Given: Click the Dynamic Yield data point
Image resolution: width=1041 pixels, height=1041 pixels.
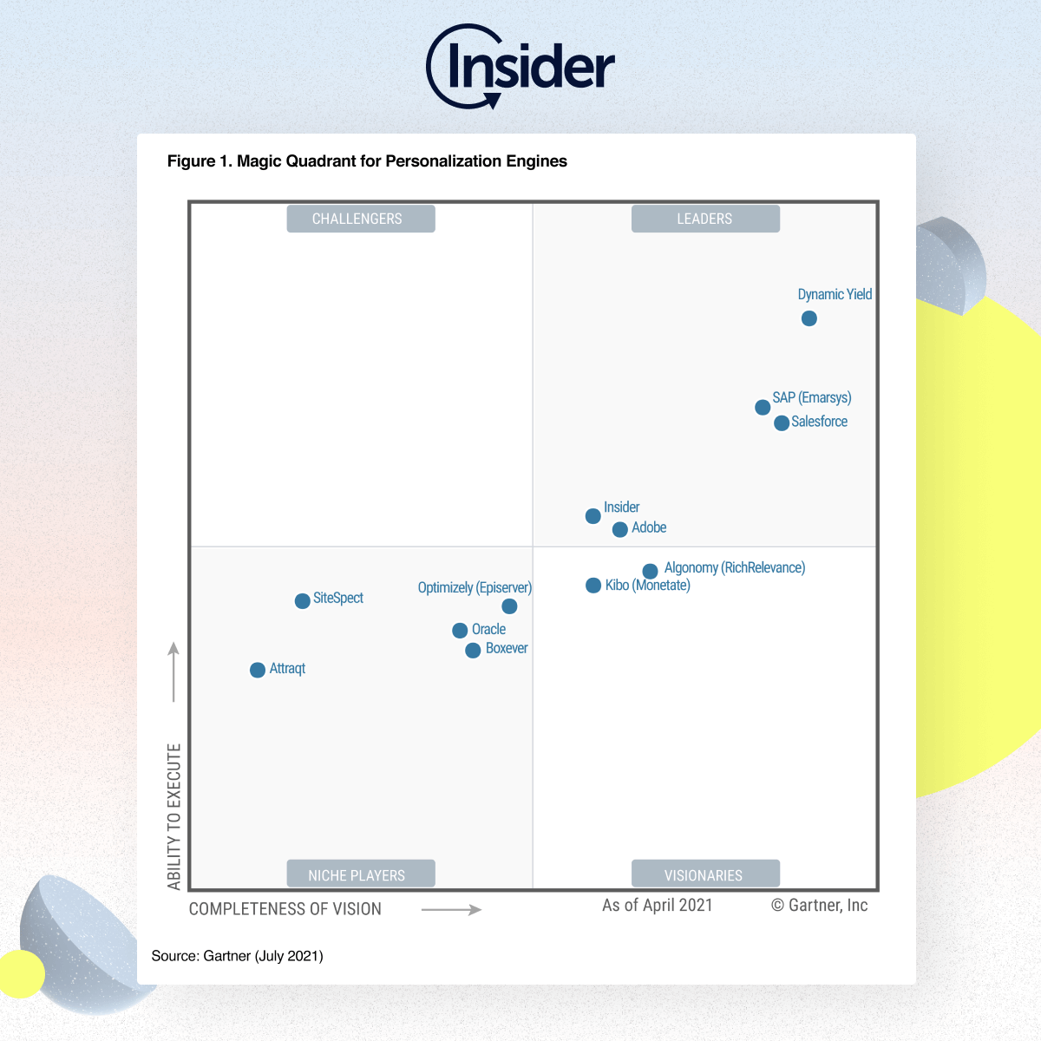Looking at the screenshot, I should click(x=809, y=318).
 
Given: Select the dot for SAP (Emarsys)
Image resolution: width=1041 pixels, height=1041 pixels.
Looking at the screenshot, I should click(x=763, y=407).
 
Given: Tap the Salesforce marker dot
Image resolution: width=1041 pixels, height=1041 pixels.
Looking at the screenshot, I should click(x=782, y=422).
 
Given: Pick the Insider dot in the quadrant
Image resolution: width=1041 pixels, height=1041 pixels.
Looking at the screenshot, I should click(x=593, y=516).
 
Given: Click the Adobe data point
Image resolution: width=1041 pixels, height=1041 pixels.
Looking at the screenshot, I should click(x=620, y=529).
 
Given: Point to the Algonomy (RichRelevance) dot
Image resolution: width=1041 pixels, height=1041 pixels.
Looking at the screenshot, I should click(x=650, y=571).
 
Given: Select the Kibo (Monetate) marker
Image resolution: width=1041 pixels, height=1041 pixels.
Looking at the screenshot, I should click(x=593, y=586).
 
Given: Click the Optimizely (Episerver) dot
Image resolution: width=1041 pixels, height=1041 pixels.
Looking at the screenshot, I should click(x=510, y=606).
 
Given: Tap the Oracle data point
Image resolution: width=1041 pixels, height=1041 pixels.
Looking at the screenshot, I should click(x=460, y=631).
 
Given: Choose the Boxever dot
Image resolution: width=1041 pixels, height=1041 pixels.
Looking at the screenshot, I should click(x=473, y=651).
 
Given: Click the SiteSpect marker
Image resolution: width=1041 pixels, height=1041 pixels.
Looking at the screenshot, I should click(x=303, y=601).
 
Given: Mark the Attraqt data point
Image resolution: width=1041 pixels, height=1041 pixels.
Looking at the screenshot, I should click(x=258, y=670).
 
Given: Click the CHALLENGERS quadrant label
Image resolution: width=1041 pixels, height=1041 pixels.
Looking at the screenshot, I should click(x=361, y=219).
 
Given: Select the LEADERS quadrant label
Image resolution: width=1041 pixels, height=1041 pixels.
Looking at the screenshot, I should click(x=705, y=219).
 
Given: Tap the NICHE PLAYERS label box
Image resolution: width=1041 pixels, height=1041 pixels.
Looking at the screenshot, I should click(x=361, y=874).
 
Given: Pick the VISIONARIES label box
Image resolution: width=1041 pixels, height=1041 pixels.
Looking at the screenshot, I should click(x=705, y=874).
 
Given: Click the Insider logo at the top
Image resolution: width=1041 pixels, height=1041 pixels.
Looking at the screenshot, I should click(x=520, y=68).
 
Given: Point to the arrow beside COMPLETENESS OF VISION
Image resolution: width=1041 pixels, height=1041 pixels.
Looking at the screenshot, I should click(x=451, y=909).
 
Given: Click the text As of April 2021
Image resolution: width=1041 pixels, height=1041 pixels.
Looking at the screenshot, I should click(x=658, y=905).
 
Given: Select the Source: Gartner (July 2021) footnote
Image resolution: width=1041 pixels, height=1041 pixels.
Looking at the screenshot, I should click(x=237, y=956).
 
